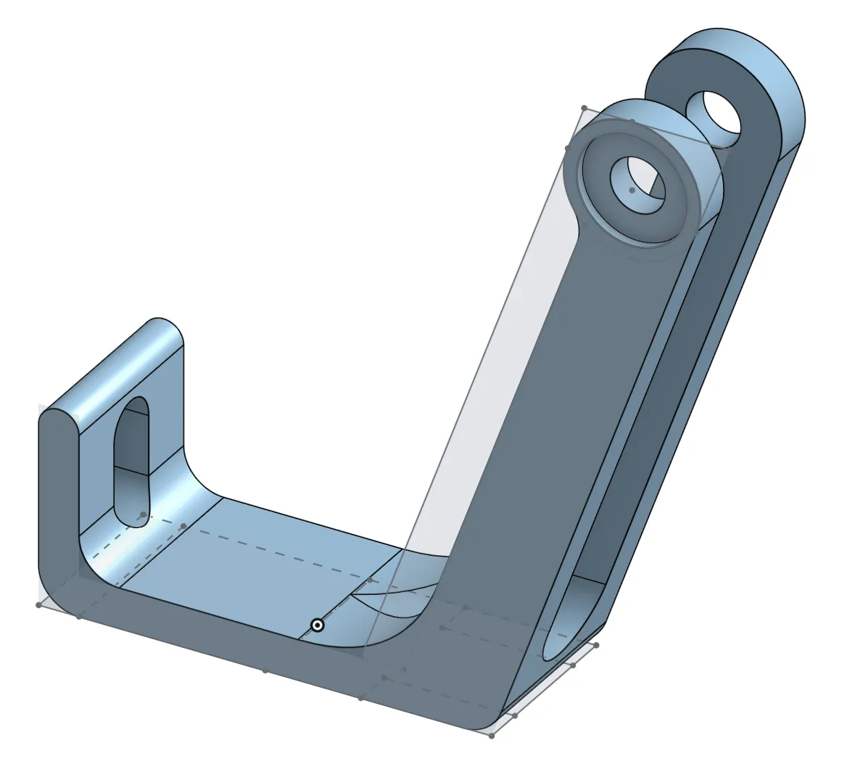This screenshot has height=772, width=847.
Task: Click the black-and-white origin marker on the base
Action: coord(317,625)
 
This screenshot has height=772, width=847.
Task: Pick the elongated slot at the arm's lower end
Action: coord(572,617)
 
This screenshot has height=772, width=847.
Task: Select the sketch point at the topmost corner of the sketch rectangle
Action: coord(584,109)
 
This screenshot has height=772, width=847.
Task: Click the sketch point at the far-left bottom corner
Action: coord(38,604)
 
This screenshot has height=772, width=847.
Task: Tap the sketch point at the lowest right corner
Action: coord(492,736)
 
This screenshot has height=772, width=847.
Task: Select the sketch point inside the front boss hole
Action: coord(632,190)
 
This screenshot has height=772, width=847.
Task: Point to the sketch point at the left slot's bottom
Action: coord(144,515)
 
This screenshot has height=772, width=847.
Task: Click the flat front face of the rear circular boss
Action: coord(754,145)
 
